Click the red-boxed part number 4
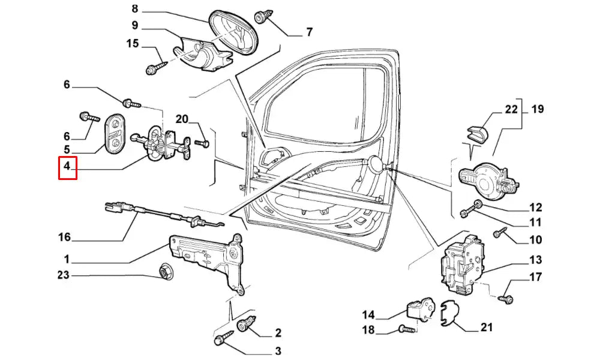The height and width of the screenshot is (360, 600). pyautogui.click(x=67, y=167)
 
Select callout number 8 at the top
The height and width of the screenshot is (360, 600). pyautogui.click(x=134, y=9)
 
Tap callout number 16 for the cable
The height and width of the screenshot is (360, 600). pyautogui.click(x=64, y=238)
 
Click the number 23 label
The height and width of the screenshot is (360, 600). pyautogui.click(x=63, y=276)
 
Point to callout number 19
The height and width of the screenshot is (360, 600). pyautogui.click(x=538, y=109)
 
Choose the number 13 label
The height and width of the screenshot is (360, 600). pyautogui.click(x=535, y=260)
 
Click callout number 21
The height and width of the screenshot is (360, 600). pyautogui.click(x=486, y=328)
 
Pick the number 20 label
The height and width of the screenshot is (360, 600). pyautogui.click(x=182, y=119)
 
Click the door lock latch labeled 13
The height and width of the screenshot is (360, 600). pyautogui.click(x=461, y=264)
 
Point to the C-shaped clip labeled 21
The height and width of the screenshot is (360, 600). pyautogui.click(x=446, y=314)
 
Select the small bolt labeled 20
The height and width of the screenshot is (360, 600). pyautogui.click(x=202, y=143)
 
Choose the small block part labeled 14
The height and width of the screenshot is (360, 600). pyautogui.click(x=420, y=310)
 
